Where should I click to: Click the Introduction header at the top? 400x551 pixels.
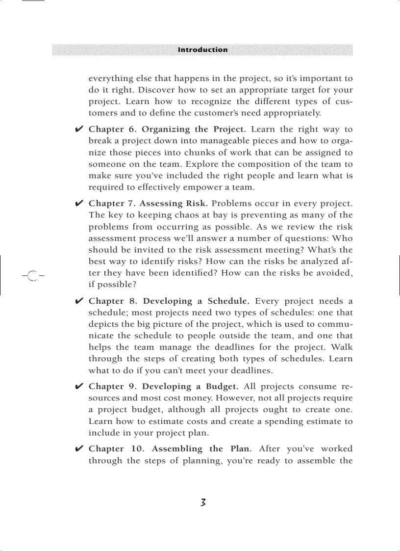pyautogui.click(x=202, y=50)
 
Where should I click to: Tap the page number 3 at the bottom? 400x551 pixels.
pyautogui.click(x=202, y=502)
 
